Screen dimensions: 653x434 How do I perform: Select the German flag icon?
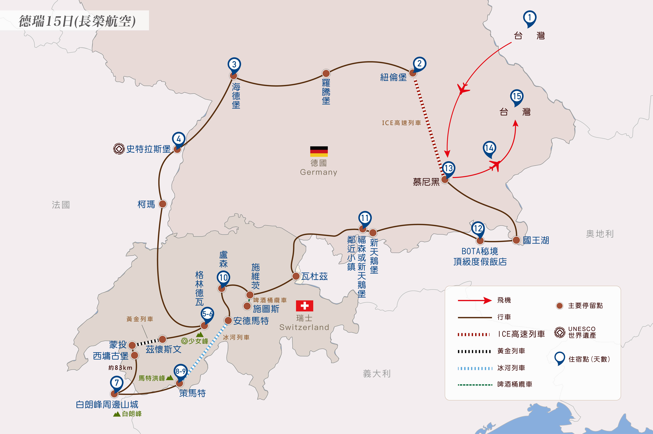pos(319,151)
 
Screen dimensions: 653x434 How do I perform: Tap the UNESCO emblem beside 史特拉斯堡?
pos(119,149)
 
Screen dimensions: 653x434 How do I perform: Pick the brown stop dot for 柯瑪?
pos(163,204)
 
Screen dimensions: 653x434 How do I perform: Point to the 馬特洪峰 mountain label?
pos(152,378)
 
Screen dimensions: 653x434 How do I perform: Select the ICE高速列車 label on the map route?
pos(401,123)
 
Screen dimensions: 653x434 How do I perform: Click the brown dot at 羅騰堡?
pos(326,73)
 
